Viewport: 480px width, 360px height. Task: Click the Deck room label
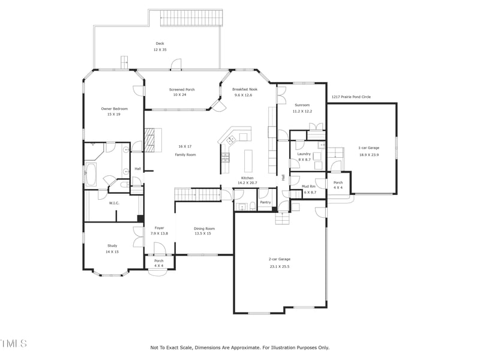click(160, 43)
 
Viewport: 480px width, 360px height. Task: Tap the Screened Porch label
click(182, 89)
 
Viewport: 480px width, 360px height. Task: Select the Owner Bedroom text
click(114, 109)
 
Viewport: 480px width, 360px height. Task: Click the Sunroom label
click(301, 104)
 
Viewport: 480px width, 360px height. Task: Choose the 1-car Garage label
click(368, 148)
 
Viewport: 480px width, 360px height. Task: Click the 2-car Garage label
click(280, 259)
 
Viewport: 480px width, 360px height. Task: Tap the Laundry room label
click(304, 154)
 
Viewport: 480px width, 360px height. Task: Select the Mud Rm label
click(308, 186)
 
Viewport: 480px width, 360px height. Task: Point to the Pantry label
click(265, 202)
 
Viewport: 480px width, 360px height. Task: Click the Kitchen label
click(247, 178)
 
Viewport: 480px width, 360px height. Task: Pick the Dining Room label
click(204, 229)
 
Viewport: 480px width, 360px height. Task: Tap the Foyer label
click(159, 228)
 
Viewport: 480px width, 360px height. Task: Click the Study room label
click(112, 245)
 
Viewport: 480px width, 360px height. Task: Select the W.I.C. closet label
click(114, 203)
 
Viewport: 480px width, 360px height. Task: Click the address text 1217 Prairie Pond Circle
click(351, 97)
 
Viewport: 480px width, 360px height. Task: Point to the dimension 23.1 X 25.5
click(280, 266)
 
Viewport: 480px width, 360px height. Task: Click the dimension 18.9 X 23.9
click(368, 155)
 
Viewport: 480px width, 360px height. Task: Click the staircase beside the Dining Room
click(197, 194)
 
